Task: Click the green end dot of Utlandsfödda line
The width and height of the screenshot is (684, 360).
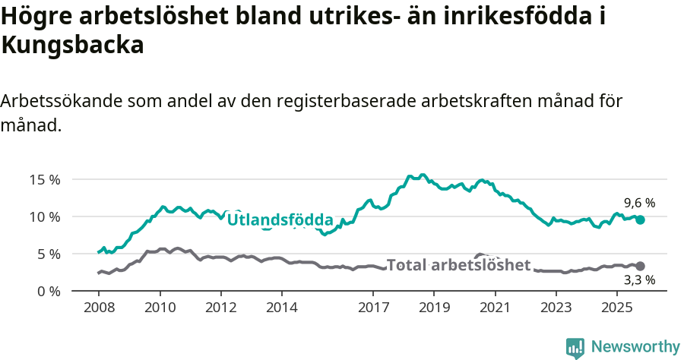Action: coord(641,219)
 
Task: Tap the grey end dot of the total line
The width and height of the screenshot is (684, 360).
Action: coord(641,266)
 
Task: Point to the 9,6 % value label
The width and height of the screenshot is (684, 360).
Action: coord(639,203)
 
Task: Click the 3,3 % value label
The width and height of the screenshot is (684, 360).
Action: coord(639,280)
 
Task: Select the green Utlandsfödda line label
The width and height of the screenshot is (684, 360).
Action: coord(280,220)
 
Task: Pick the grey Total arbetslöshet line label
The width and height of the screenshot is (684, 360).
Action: coord(458,265)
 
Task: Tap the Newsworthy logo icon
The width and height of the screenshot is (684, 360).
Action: coord(575,348)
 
